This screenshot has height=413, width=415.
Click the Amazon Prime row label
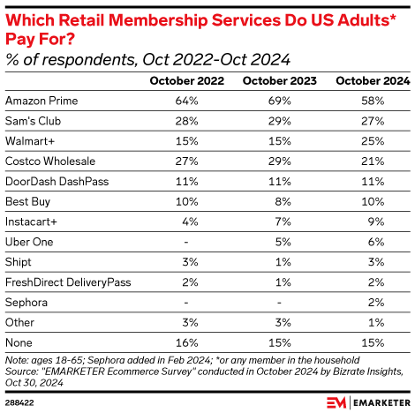(38, 100)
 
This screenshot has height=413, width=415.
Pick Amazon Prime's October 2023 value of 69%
(280, 100)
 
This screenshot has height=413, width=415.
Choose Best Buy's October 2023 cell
(280, 201)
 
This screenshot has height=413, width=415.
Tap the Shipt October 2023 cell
(280, 262)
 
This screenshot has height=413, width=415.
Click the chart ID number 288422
(19, 402)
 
